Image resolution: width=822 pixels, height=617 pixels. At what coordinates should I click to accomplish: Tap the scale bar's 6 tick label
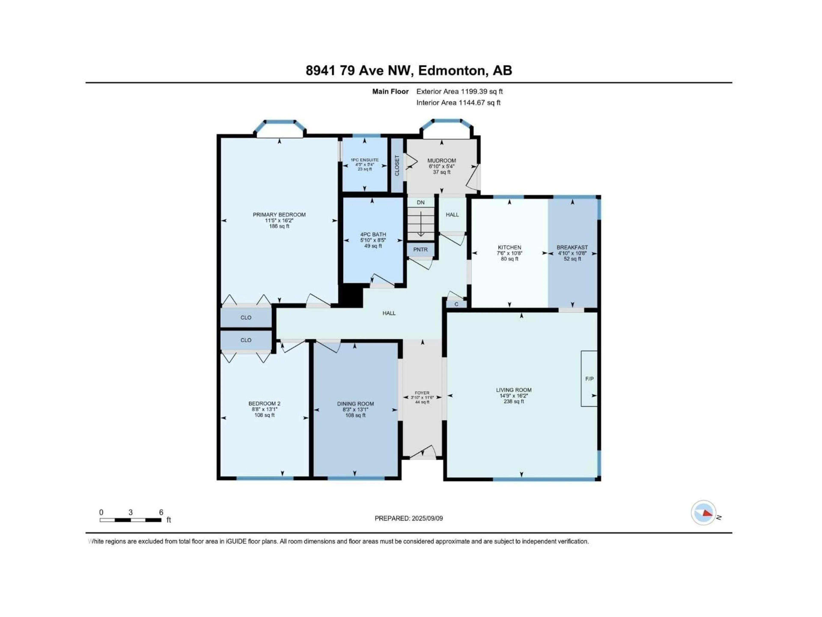coord(161,512)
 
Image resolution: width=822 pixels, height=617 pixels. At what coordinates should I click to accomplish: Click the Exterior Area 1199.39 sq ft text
coord(459,91)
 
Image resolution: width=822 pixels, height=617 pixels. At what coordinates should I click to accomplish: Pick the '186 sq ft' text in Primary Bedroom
coord(279,226)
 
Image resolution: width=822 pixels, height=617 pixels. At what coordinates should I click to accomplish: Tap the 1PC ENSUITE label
coord(365,160)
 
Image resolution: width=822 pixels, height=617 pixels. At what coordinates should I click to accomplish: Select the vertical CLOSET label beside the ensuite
coord(397,166)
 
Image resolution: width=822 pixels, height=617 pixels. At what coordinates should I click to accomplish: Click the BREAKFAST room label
coord(572,247)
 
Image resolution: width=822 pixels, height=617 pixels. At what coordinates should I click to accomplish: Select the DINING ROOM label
coord(355,404)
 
